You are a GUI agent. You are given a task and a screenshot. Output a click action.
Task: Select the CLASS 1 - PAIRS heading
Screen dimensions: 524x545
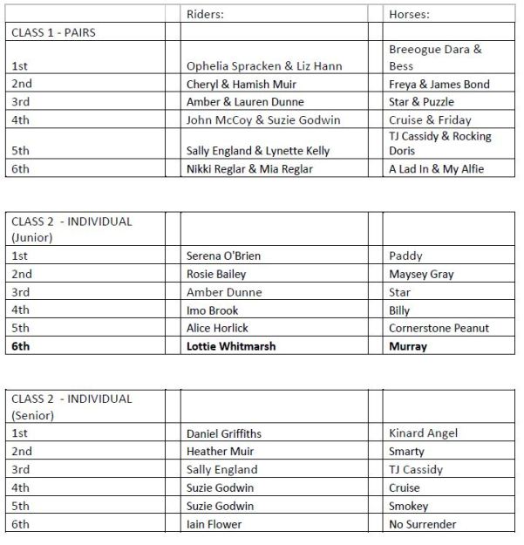[x=53, y=32]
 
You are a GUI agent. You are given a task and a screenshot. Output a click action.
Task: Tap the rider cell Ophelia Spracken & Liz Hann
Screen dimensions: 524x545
[x=264, y=66]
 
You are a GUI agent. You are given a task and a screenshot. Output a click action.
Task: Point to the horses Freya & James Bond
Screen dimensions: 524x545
[x=439, y=85]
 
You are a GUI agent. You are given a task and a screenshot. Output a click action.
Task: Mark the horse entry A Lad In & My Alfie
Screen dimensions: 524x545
[x=436, y=169]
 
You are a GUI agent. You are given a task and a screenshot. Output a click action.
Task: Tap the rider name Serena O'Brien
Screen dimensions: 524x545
[x=224, y=256]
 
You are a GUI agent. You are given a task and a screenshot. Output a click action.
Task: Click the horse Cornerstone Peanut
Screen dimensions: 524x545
[x=439, y=328]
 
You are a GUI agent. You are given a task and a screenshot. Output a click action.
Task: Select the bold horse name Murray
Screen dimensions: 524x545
[x=408, y=346]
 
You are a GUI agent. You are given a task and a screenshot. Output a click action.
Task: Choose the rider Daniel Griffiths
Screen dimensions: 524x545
[x=224, y=433]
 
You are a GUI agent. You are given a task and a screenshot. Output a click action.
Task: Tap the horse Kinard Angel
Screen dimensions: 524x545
[x=424, y=433]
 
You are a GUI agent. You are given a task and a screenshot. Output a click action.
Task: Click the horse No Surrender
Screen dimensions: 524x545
[x=423, y=524]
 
